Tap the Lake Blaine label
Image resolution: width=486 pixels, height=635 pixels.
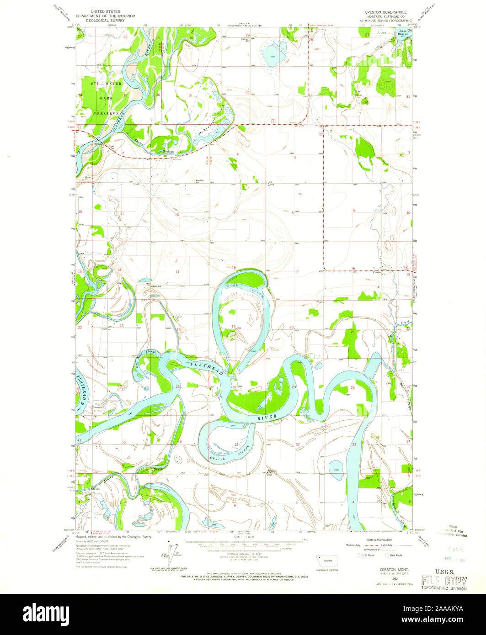(403, 33)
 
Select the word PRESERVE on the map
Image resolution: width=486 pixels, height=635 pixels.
(107, 113)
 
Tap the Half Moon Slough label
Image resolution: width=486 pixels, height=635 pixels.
(146, 356)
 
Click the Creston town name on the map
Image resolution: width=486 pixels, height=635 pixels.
(377, 273)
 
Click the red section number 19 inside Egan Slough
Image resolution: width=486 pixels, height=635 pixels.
(233, 326)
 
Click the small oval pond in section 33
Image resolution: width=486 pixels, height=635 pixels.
(336, 466)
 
